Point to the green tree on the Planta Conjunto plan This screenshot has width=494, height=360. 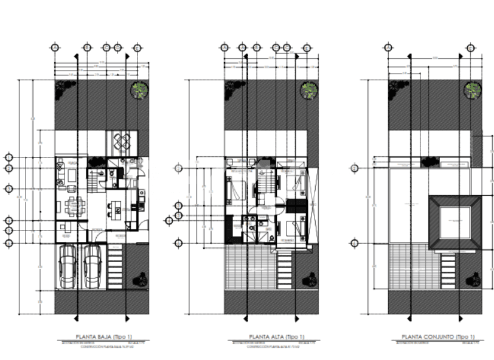[x=473, y=91]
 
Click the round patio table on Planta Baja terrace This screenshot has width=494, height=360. [x=122, y=144]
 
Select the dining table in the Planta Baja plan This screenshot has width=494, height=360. [x=75, y=206]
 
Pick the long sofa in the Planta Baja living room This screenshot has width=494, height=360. [x=60, y=176]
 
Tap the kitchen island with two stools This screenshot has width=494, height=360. [x=114, y=211]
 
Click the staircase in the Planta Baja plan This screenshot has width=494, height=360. [x=95, y=180]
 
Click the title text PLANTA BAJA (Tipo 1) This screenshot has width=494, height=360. [x=101, y=337]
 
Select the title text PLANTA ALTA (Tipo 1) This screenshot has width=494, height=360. [x=268, y=337]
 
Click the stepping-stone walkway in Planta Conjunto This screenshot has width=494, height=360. [x=448, y=271]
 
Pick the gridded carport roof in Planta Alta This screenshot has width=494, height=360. [x=249, y=268]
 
